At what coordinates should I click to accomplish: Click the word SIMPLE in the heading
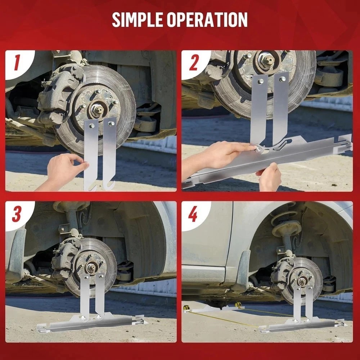point(137,19)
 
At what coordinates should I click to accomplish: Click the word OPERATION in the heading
point(207,19)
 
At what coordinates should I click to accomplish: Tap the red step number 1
point(17,63)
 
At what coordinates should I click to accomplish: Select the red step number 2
point(194,63)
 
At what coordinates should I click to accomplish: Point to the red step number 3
point(16,214)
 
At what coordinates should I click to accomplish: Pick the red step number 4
point(193,214)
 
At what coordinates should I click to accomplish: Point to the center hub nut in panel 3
point(91,267)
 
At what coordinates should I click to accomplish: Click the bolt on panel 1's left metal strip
point(91,126)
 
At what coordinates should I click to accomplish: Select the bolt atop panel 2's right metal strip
point(282,79)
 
